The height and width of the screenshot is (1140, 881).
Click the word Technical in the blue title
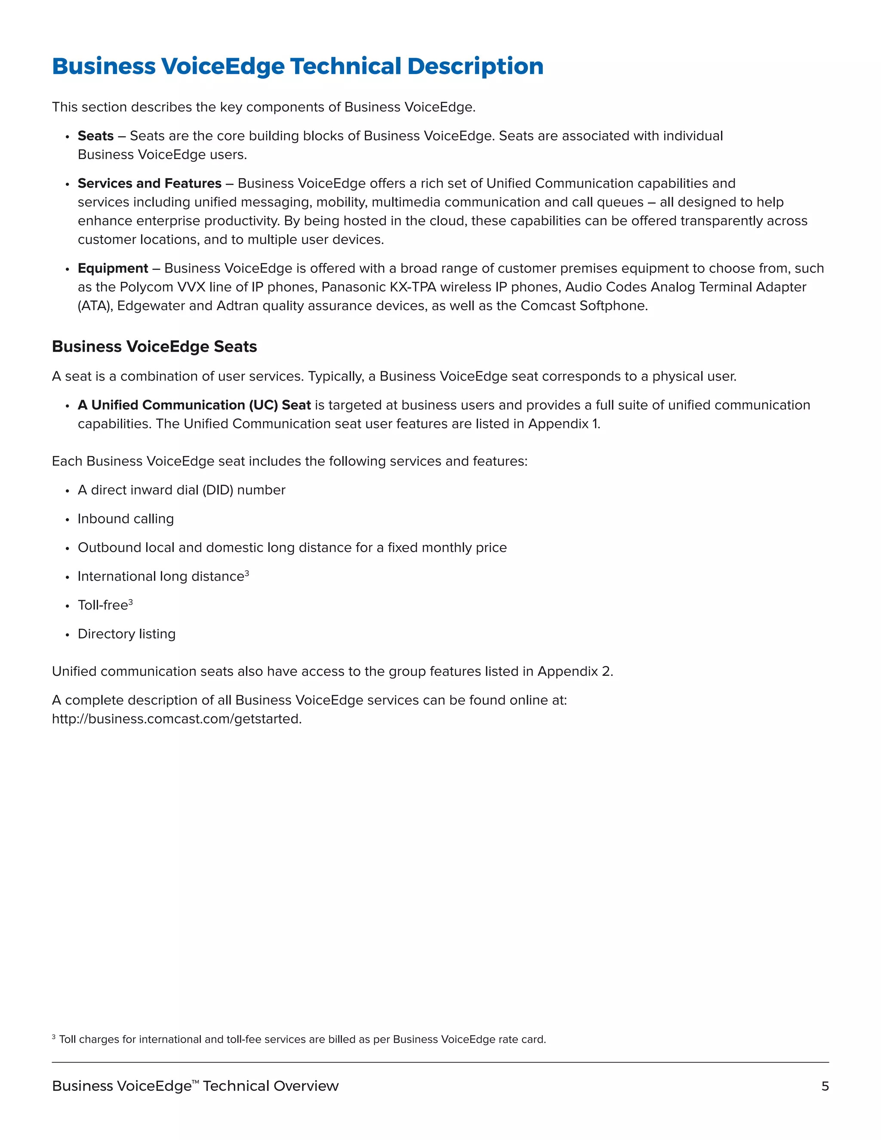click(x=345, y=67)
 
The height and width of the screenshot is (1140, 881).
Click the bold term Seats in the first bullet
click(x=95, y=136)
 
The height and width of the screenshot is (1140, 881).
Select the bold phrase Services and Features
click(x=149, y=184)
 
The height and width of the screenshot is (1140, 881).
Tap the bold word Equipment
click(x=113, y=268)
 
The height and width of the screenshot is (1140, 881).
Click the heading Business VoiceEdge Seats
click(x=154, y=347)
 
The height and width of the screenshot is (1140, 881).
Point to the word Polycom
click(x=146, y=287)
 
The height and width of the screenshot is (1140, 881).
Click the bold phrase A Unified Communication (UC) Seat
click(x=194, y=406)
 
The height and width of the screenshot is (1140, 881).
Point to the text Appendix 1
click(x=564, y=424)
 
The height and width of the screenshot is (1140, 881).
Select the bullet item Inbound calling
click(x=126, y=519)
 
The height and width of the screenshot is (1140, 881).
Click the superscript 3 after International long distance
click(x=247, y=573)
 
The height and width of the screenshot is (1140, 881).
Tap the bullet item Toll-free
click(x=103, y=606)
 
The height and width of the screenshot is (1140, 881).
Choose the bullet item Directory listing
click(x=126, y=634)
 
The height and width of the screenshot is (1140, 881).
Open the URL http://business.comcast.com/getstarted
click(x=176, y=719)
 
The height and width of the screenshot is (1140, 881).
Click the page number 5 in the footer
click(x=825, y=1086)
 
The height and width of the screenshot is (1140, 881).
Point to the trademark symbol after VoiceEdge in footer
click(x=196, y=1081)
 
